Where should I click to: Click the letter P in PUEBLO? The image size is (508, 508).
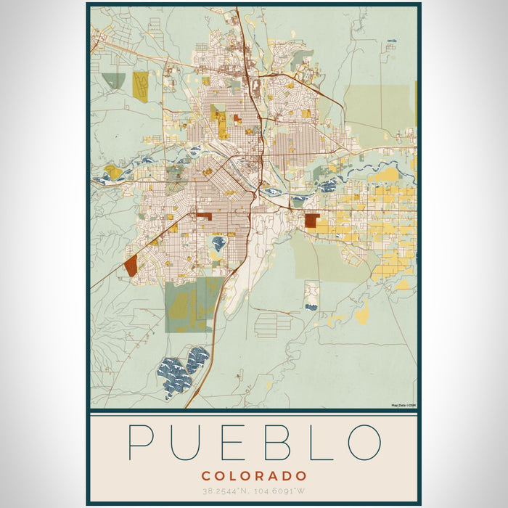point(142,442)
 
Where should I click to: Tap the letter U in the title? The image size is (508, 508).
point(189,442)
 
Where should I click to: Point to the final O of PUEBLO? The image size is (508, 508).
point(364,442)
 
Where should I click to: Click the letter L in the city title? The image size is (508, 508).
point(319,442)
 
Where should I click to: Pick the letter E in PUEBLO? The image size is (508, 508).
point(234,442)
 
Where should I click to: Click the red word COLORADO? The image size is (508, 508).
point(254,476)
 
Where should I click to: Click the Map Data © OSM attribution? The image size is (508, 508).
point(403,405)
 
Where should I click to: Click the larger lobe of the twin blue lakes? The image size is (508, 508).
point(173,377)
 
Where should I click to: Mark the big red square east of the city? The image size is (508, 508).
point(311,221)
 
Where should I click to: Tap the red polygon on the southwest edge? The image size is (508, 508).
point(131,266)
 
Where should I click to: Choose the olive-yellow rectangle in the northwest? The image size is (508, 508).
point(140,85)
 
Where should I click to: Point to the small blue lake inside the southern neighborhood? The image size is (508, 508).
point(218,243)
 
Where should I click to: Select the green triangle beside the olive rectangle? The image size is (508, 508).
point(114,80)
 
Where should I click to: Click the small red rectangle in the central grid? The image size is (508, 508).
point(204,216)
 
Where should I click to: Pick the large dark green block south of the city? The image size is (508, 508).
point(190,305)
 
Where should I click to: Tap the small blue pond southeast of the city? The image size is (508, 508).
point(311,307)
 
